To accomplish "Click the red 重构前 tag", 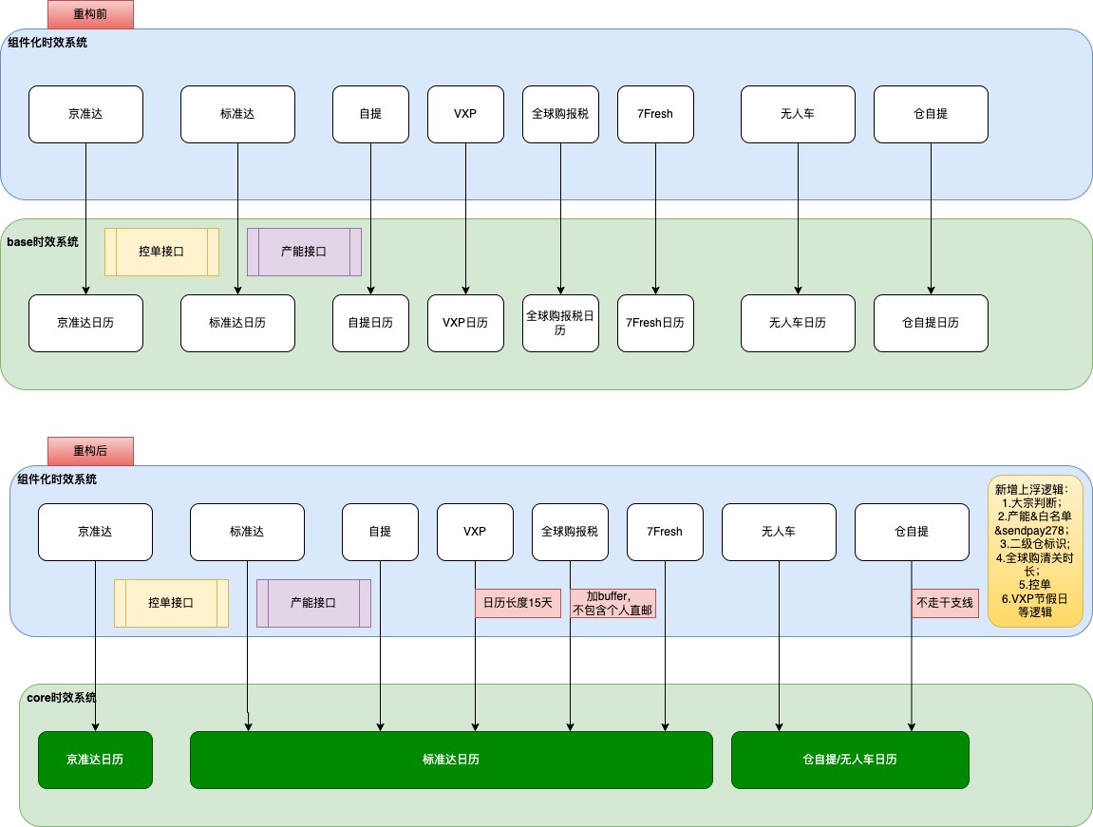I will pos(90,14).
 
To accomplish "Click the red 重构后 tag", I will pos(90,451).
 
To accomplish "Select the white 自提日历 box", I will pos(370,323).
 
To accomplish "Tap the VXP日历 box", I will pos(465,323).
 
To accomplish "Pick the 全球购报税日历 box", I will pos(560,323).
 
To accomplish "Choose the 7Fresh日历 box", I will pos(655,323).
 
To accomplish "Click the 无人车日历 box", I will pos(798,323).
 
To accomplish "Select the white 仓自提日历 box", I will pos(931,323).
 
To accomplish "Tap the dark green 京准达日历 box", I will pos(95,760).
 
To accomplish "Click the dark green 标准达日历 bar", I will pos(451,760).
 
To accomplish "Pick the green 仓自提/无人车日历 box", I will pos(850,760).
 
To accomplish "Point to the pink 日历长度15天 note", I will pos(519,603).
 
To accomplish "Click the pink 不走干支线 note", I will pos(945,603).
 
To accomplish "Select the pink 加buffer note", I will pos(614,603).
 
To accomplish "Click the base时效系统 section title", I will pos(43,242).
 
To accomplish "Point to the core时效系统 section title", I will pos(62,698).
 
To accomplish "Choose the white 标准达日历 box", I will pos(237,323).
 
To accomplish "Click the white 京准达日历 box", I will pos(85,323).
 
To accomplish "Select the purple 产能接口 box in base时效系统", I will pos(304,252).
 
